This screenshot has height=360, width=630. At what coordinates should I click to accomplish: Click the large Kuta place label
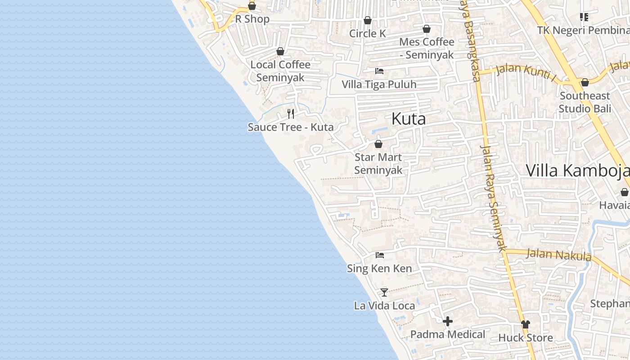pos(409,119)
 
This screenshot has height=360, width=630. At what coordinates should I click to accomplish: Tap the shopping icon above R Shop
pos(252,6)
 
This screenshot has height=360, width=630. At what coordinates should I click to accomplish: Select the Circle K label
pos(368,34)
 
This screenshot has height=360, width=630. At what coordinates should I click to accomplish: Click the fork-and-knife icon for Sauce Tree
pos(291,114)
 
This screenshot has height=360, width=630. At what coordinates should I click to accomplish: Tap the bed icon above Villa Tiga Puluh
pos(379,71)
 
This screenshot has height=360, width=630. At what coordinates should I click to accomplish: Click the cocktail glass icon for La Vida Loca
pos(384,292)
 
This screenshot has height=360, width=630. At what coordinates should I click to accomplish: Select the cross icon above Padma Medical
pos(447,321)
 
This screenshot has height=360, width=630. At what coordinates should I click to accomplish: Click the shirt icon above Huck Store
pos(525,324)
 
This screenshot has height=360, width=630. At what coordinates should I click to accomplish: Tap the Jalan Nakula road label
pos(558,255)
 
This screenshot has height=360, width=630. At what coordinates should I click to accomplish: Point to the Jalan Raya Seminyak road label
pos(494,198)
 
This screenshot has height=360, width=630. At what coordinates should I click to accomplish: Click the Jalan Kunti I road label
pos(526,72)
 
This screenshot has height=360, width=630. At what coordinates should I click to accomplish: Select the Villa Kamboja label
pos(577,171)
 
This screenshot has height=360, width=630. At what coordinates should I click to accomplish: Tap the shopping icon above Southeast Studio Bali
pos(585,83)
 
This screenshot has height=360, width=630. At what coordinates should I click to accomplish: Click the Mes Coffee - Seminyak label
pos(427,48)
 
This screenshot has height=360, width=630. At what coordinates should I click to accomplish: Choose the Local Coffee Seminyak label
pos(280,71)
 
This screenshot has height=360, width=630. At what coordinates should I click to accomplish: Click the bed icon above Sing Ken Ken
pos(380,255)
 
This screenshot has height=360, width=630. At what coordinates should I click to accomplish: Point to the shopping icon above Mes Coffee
pos(426,29)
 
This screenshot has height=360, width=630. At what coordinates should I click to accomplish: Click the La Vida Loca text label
pos(384,306)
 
